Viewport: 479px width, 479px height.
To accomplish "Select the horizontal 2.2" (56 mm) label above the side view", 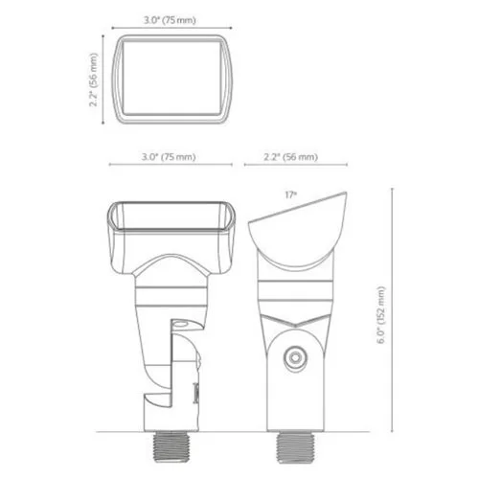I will [289, 156].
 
